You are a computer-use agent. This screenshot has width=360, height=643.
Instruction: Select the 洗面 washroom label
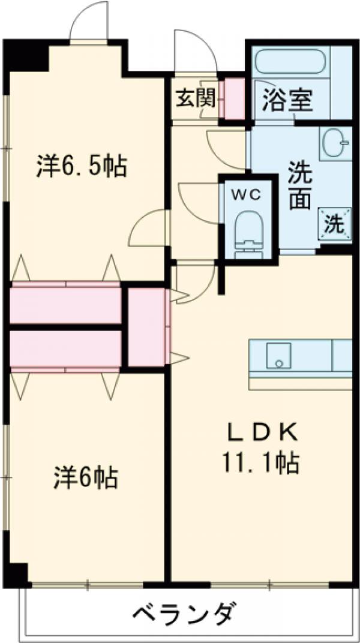point(298,185)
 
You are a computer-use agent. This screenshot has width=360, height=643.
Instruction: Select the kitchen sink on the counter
point(278,356)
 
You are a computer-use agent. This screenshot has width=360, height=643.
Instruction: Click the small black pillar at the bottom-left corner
point(19,573)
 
